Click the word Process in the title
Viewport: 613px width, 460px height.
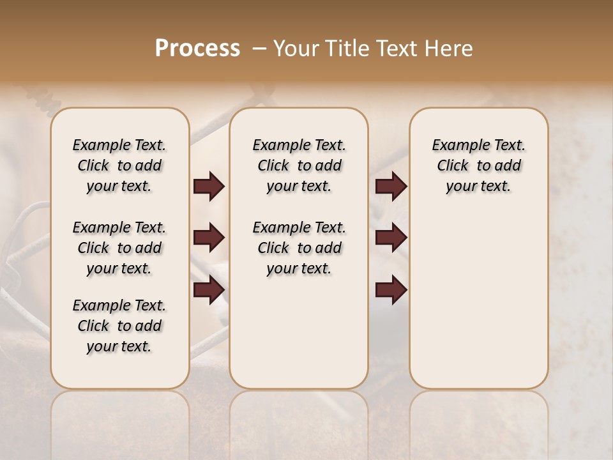[x=197, y=48]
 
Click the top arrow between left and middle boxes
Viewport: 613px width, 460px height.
[x=209, y=187]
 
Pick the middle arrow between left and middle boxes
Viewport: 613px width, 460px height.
[x=209, y=238]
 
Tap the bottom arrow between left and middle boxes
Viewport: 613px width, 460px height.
[x=209, y=290]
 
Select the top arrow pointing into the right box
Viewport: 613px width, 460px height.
[x=391, y=187]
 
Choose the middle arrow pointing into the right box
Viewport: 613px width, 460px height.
[x=391, y=238]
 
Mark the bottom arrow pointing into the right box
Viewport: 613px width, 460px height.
[x=391, y=290]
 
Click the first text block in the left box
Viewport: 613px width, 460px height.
[x=119, y=165]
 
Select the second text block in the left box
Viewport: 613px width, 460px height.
[x=119, y=248]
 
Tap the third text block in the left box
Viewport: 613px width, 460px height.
[x=119, y=326]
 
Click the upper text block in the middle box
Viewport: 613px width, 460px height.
[x=299, y=165]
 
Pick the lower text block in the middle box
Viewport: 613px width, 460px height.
[x=299, y=248]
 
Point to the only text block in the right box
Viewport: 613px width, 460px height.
[x=479, y=165]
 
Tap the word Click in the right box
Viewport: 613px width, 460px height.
[x=453, y=166]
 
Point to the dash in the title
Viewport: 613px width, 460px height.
[x=259, y=48]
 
